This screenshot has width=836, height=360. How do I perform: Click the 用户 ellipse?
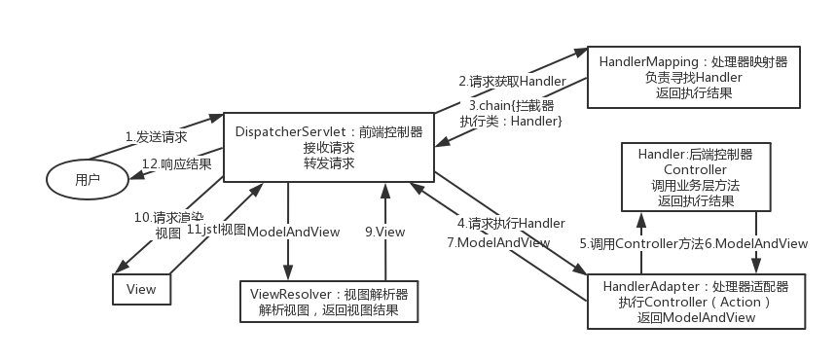88,180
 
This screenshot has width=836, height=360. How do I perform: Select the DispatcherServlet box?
329,147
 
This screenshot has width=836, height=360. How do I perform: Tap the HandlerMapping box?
693,77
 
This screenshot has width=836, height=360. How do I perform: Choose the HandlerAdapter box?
695,302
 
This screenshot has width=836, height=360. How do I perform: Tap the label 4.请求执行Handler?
511,224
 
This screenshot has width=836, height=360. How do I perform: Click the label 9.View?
384,232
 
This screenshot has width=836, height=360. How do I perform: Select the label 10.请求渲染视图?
157,224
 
